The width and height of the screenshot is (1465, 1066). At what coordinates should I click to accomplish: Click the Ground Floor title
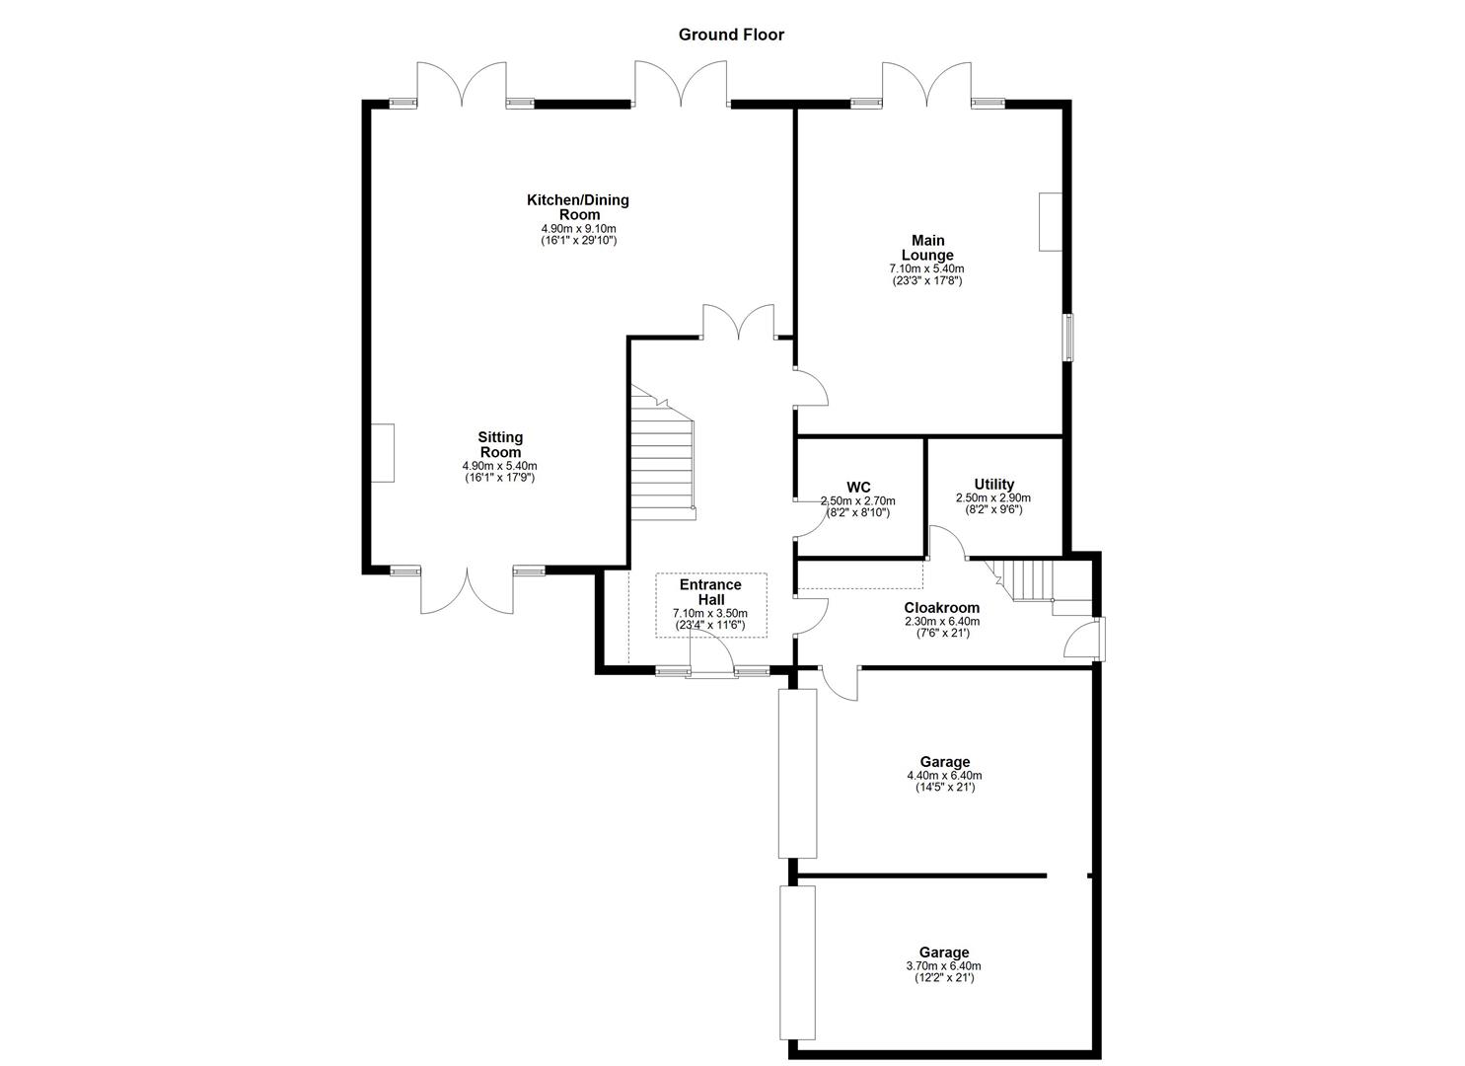[731, 35]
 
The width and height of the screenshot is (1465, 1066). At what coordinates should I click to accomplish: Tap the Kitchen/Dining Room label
[578, 207]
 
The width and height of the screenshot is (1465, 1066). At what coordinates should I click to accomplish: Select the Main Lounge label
[927, 248]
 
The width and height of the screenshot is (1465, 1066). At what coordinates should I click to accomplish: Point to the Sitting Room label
[500, 444]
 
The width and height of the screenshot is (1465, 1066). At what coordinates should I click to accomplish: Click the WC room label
[858, 487]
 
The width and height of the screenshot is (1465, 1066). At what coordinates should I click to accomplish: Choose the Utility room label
[993, 484]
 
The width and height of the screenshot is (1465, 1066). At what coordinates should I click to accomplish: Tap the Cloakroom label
[942, 608]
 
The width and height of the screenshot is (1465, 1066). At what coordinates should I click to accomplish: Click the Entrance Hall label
[710, 592]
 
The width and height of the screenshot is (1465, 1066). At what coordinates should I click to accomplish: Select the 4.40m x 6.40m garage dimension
[944, 776]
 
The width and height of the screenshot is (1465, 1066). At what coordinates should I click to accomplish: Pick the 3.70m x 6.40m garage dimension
[944, 966]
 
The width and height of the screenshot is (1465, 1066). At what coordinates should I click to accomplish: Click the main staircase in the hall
[663, 459]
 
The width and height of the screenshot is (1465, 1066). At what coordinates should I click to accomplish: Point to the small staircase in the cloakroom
[1026, 579]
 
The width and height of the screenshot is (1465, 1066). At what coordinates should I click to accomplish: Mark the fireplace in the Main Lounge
[1049, 222]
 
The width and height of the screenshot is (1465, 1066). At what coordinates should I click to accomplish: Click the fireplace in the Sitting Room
[383, 453]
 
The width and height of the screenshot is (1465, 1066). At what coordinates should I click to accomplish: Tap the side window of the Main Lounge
[1067, 338]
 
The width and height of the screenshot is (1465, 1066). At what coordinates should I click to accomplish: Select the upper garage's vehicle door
[797, 773]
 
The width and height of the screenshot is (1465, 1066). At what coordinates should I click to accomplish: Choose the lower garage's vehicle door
[797, 962]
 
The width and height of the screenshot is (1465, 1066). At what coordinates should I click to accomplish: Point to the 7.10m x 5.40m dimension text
[926, 268]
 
